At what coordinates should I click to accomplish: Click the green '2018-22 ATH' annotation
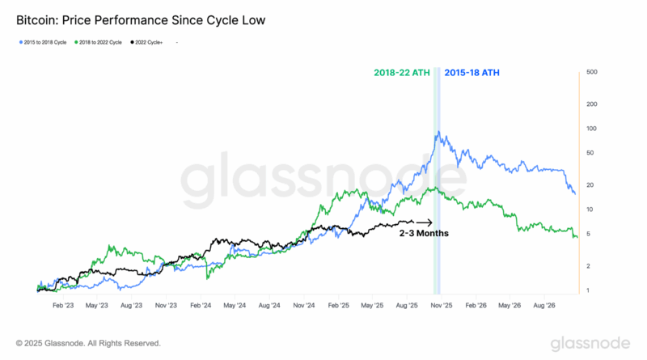(x=401, y=72)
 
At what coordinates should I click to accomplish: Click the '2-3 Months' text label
(x=424, y=233)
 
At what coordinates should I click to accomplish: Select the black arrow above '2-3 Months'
(x=425, y=222)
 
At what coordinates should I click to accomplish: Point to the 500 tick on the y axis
(x=592, y=72)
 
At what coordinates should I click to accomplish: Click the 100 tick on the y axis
(x=592, y=129)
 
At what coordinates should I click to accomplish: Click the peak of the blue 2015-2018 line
(x=438, y=133)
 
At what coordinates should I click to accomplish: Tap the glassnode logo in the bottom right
(x=590, y=343)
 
